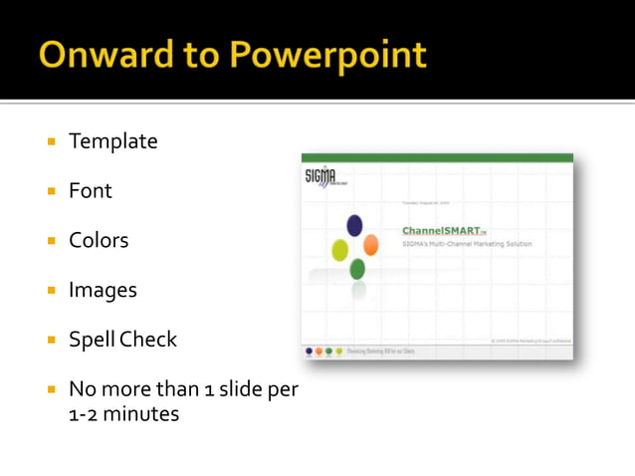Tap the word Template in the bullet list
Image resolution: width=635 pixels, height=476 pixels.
pos(112,141)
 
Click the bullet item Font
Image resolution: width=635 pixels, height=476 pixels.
pos(90,190)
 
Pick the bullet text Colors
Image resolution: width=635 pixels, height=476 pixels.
pos(99,240)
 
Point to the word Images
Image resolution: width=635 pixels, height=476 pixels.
pos(102,290)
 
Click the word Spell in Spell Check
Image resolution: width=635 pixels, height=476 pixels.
pos(92,340)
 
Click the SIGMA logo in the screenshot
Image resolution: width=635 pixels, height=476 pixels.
pos(320,176)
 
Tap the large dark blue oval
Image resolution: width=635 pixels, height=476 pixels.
pos(354,226)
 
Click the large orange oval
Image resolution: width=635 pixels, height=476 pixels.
pos(370,245)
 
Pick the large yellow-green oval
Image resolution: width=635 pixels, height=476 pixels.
pos(339,249)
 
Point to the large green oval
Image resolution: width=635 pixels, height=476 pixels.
pos(357,269)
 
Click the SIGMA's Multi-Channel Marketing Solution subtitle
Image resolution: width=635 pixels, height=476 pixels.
pos(466,244)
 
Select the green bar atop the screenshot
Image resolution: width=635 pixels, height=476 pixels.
pos(437,157)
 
